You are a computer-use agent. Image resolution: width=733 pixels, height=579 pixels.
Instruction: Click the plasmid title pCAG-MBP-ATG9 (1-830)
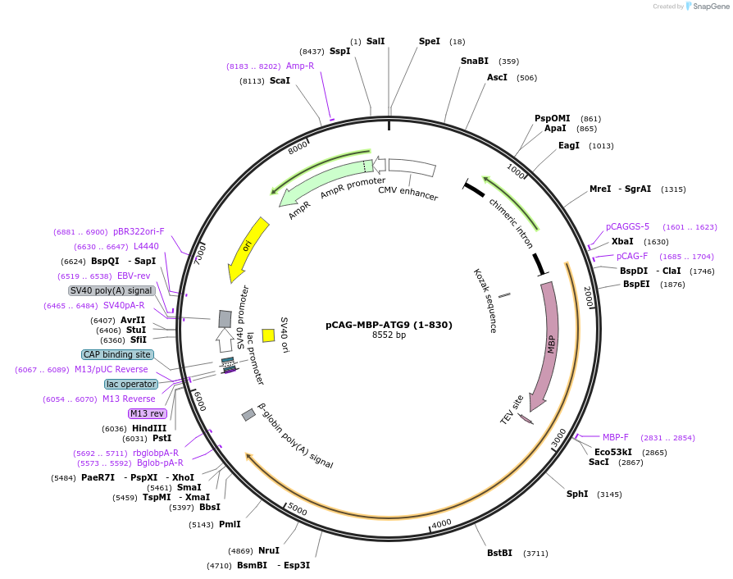(389, 325)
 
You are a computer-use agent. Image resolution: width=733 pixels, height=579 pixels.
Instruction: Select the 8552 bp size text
(389, 335)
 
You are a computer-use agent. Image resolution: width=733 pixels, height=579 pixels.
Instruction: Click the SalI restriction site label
(376, 41)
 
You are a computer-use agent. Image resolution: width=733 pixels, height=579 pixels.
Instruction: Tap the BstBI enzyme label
(499, 553)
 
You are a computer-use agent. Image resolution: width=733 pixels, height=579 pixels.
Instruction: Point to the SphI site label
(577, 494)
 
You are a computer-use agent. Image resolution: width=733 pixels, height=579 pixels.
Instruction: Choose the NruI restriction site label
(269, 550)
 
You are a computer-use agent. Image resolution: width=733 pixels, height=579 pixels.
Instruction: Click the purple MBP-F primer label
(615, 437)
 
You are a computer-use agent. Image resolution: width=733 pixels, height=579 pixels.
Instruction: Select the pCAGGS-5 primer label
(627, 226)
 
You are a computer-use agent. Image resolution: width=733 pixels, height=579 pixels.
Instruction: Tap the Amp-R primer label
(300, 66)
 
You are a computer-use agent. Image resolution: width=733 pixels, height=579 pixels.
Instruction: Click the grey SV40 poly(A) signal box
(112, 290)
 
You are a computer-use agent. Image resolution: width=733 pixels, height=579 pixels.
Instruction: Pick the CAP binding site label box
(117, 354)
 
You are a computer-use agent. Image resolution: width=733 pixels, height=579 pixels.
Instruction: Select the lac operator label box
(131, 384)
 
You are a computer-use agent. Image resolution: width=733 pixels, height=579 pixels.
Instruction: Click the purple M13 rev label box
(147, 413)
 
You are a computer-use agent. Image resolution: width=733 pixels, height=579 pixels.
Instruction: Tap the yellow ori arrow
(248, 248)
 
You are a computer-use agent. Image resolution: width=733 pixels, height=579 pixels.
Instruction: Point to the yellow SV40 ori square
(268, 335)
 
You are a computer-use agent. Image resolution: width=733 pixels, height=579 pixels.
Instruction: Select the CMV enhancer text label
(407, 193)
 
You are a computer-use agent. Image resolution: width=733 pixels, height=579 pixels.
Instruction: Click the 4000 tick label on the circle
(441, 523)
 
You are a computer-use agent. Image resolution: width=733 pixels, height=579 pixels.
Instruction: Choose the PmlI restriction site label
(230, 524)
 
